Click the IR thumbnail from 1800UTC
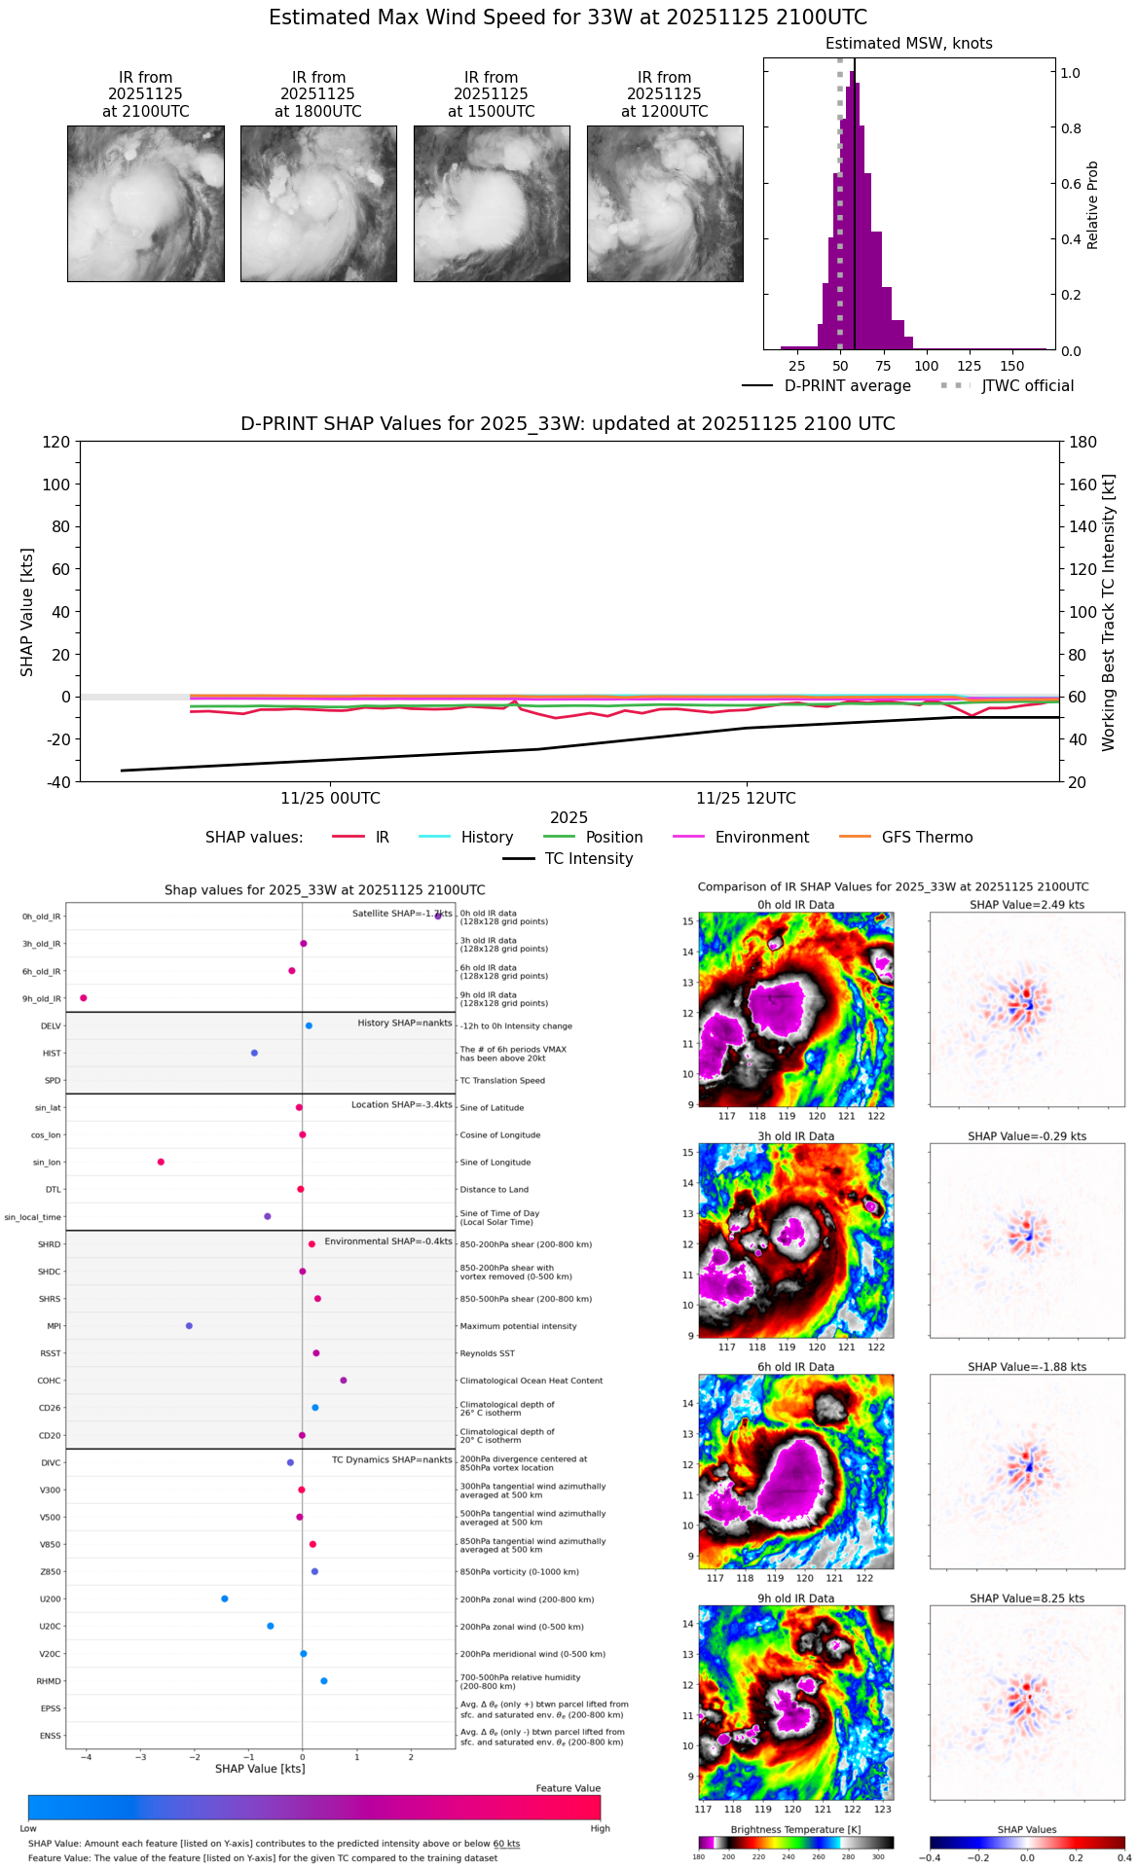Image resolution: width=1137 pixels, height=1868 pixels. [x=318, y=203]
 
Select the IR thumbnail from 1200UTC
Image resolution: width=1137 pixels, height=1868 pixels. [x=665, y=203]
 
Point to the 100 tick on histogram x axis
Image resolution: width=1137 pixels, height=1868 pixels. [x=927, y=366]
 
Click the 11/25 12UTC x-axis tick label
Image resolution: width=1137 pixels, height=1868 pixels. [x=746, y=799]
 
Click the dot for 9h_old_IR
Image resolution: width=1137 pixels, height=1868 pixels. [x=84, y=998]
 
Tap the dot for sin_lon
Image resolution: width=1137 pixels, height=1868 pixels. [x=161, y=1162]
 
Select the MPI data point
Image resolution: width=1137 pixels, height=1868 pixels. [x=189, y=1326]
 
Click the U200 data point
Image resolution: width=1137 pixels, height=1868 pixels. [x=225, y=1599]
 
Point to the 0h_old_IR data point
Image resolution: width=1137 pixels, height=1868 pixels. [x=438, y=916]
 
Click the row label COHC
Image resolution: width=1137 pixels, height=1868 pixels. [x=49, y=1382]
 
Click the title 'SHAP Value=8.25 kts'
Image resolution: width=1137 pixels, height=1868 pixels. [x=1027, y=1599]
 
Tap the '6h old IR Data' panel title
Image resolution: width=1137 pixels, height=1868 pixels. [x=795, y=1367]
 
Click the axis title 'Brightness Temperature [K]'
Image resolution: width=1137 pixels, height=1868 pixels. [x=795, y=1830]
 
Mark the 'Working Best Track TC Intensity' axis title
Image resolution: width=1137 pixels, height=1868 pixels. [x=1109, y=613]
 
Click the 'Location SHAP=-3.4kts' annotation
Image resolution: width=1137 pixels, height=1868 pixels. [x=401, y=1105]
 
